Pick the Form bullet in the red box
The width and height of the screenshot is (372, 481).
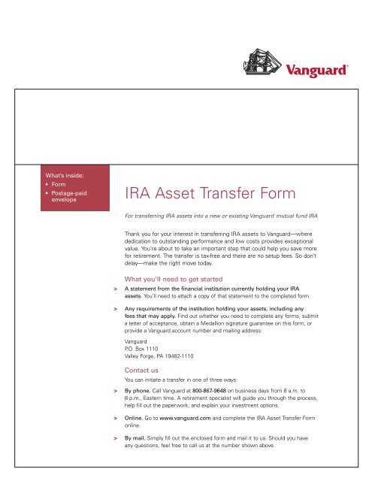[59, 184]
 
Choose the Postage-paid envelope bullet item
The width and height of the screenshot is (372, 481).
[70, 197]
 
